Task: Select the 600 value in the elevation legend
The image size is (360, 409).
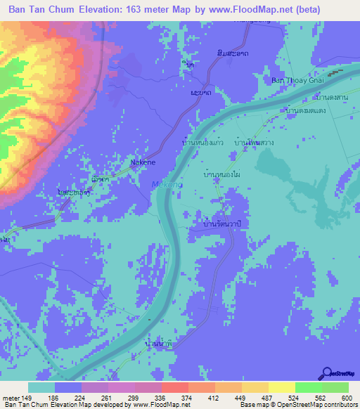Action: click(348, 398)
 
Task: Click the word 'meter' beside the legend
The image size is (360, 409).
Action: click(12, 398)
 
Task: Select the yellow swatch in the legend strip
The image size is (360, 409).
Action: click(281, 387)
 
